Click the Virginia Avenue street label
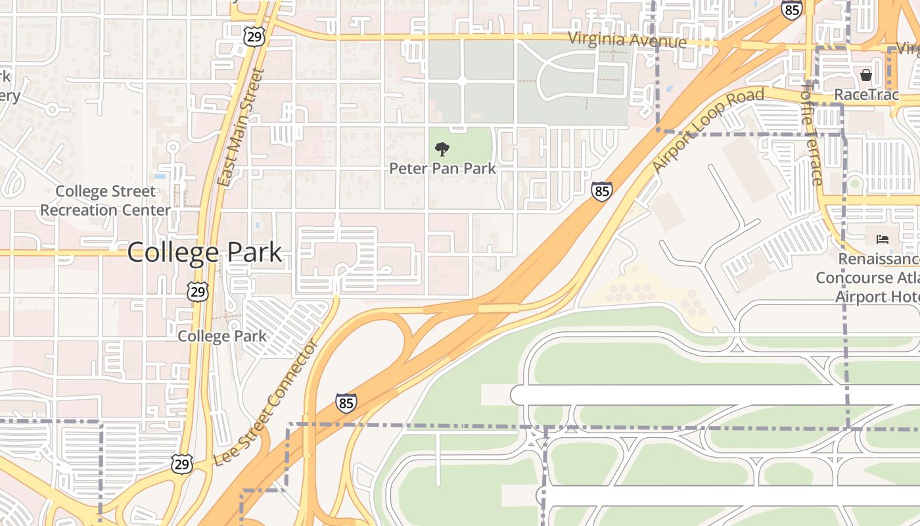[627, 40]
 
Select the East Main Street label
[240, 128]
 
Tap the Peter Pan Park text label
[442, 168]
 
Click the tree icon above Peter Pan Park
[442, 149]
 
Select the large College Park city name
[204, 252]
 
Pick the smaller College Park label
[222, 336]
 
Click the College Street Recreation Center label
[105, 201]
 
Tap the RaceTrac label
[865, 95]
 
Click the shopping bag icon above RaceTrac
[865, 75]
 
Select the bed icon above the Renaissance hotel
[882, 239]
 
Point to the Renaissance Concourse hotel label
[867, 277]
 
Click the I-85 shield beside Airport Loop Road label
[601, 191]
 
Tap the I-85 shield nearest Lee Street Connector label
[346, 403]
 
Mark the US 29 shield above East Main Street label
[254, 36]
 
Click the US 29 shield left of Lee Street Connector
[182, 463]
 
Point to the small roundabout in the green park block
[461, 80]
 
